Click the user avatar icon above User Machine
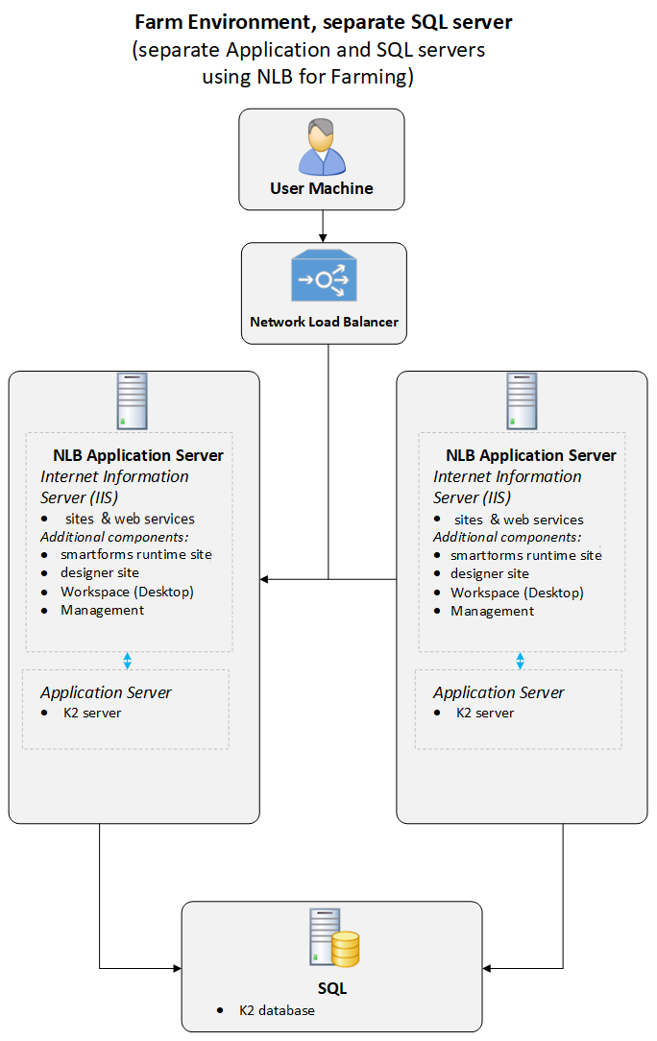[321, 146]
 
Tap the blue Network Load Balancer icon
[324, 279]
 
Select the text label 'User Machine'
[321, 188]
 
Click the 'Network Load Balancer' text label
[324, 322]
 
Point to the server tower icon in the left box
[133, 401]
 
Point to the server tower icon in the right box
[522, 401]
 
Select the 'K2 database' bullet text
[277, 1010]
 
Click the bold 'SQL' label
[332, 988]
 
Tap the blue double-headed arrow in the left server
[127, 661]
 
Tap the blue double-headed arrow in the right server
[520, 661]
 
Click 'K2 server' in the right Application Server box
[484, 713]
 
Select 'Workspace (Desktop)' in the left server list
[127, 592]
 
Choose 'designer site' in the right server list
[489, 573]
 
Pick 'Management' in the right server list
[492, 611]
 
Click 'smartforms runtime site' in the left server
[135, 554]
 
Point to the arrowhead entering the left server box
[265, 579]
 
